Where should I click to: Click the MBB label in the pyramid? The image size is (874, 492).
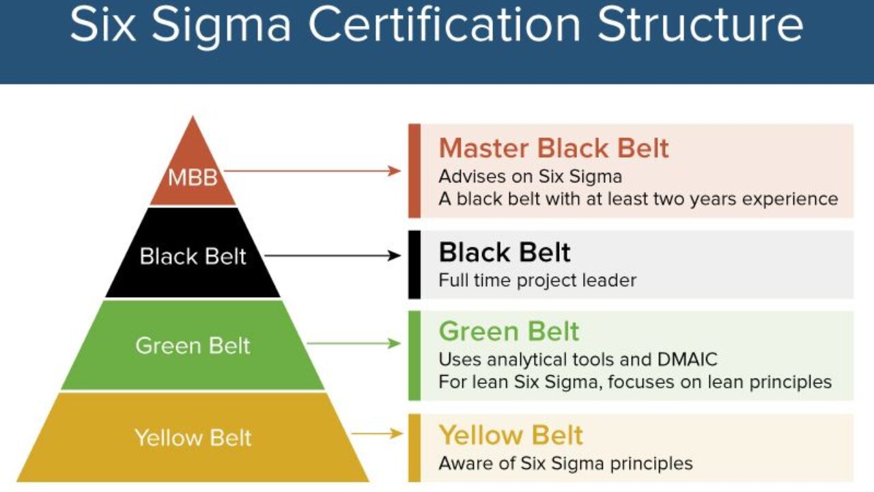pyautogui.click(x=193, y=178)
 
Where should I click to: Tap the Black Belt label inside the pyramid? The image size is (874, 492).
pyautogui.click(x=193, y=256)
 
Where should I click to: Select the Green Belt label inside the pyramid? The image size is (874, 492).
pyautogui.click(x=193, y=345)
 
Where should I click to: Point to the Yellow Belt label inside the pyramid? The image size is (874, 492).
pyautogui.click(x=193, y=437)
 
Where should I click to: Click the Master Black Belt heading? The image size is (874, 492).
pyautogui.click(x=554, y=148)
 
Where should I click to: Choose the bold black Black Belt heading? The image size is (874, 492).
pyautogui.click(x=505, y=253)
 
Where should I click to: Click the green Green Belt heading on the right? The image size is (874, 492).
pyautogui.click(x=509, y=331)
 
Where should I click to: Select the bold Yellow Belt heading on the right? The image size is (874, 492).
pyautogui.click(x=511, y=435)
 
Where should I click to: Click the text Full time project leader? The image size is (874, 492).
pyautogui.click(x=537, y=280)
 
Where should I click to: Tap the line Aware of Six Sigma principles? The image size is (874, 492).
pyautogui.click(x=565, y=463)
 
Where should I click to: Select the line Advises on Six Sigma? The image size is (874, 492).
pyautogui.click(x=530, y=176)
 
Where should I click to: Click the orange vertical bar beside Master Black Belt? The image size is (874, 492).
pyautogui.click(x=414, y=171)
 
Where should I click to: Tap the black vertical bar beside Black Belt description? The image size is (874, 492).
pyautogui.click(x=414, y=264)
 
